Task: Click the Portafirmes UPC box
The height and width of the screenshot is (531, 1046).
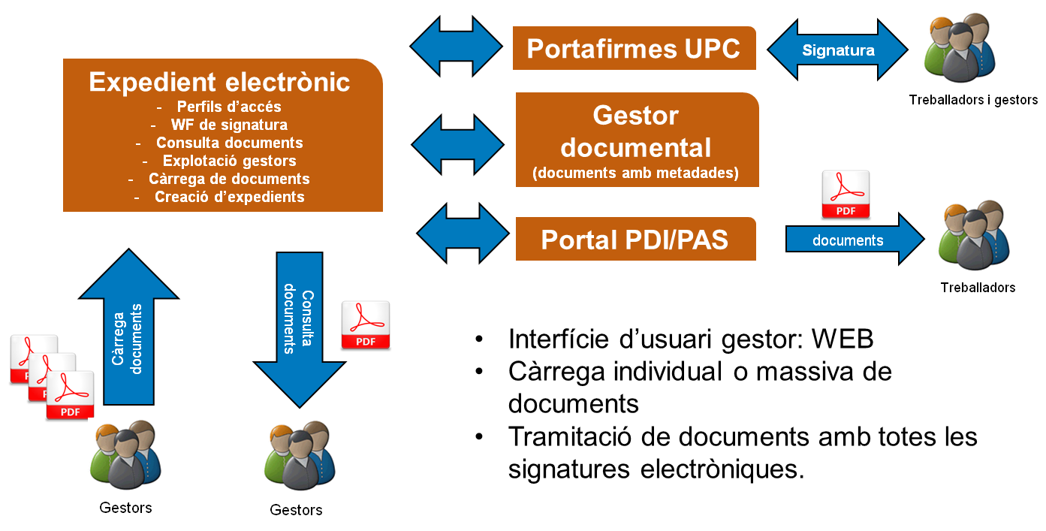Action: click(634, 49)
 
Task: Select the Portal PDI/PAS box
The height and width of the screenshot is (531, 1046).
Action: click(635, 240)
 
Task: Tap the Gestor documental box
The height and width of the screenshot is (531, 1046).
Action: click(636, 139)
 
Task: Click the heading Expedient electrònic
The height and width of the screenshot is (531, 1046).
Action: click(219, 82)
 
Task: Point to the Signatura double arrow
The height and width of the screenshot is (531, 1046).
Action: click(838, 50)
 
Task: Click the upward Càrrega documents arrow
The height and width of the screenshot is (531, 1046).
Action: click(128, 330)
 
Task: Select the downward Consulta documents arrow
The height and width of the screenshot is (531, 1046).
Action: click(300, 330)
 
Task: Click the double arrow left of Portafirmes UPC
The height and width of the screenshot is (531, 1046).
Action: click(457, 44)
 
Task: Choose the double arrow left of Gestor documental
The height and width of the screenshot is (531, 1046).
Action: click(458, 141)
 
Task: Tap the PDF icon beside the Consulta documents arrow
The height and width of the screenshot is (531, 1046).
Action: click(366, 325)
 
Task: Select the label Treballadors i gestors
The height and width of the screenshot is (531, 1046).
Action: click(972, 100)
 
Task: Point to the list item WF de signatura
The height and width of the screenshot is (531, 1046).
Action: click(229, 125)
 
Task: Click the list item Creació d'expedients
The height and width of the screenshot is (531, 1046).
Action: click(229, 197)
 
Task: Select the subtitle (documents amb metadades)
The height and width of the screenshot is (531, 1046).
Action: click(635, 173)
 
